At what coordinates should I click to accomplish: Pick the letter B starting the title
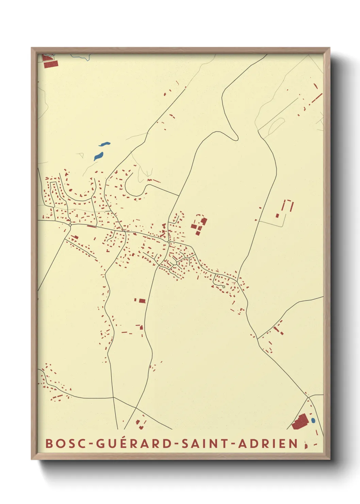[50, 443]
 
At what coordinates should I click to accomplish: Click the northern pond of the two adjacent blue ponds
[104, 144]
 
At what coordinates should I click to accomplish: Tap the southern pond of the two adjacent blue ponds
[98, 156]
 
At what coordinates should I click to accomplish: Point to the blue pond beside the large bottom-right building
[313, 421]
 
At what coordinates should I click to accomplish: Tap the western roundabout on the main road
[70, 225]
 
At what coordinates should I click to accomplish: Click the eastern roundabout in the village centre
[169, 242]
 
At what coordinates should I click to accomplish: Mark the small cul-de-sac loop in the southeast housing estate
[223, 287]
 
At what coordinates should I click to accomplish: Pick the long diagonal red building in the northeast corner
[316, 99]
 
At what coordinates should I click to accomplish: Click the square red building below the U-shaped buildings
[278, 215]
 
